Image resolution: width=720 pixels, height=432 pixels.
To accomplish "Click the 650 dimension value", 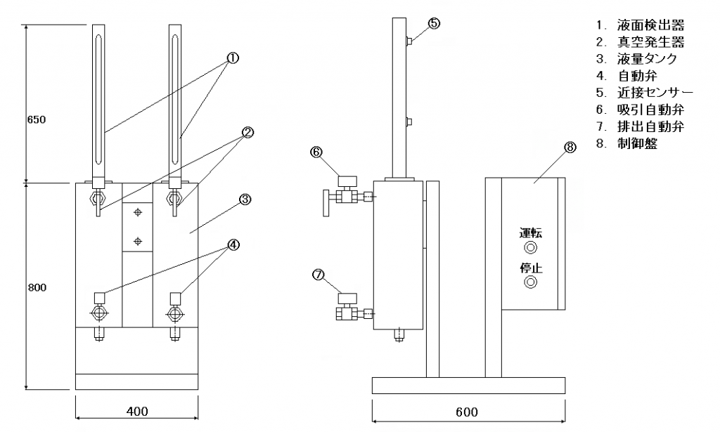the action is click(37, 119).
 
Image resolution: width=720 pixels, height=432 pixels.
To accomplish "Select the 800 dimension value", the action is click(37, 288).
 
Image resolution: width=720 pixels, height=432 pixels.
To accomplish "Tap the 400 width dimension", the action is click(137, 411).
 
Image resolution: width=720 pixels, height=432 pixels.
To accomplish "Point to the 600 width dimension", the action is click(467, 412).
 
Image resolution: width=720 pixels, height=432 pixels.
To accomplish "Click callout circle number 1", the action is click(233, 58).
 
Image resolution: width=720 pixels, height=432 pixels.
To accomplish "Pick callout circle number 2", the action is click(247, 133).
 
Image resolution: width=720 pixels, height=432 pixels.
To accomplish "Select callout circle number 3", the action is click(245, 199).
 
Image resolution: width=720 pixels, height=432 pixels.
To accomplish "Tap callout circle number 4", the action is click(233, 245).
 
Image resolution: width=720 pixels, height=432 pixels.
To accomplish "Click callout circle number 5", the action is click(435, 23).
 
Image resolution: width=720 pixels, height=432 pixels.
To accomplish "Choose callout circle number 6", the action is click(317, 152).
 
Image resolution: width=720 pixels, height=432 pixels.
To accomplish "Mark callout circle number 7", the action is click(319, 275).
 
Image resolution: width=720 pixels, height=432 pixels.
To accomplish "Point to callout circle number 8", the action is click(570, 148).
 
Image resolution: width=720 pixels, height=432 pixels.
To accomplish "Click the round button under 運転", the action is click(531, 248).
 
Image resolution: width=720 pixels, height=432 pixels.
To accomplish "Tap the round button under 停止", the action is click(531, 282).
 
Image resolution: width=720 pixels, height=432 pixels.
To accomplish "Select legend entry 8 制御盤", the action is click(627, 143).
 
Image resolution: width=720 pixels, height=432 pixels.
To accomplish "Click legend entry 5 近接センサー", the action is click(645, 93).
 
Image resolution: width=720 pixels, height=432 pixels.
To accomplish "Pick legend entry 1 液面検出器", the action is click(641, 25).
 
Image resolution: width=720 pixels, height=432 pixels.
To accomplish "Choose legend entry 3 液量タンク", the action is click(636, 59).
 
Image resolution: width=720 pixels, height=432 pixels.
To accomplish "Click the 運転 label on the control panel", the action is click(531, 233).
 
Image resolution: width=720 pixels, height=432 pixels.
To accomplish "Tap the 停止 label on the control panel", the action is click(531, 268).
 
